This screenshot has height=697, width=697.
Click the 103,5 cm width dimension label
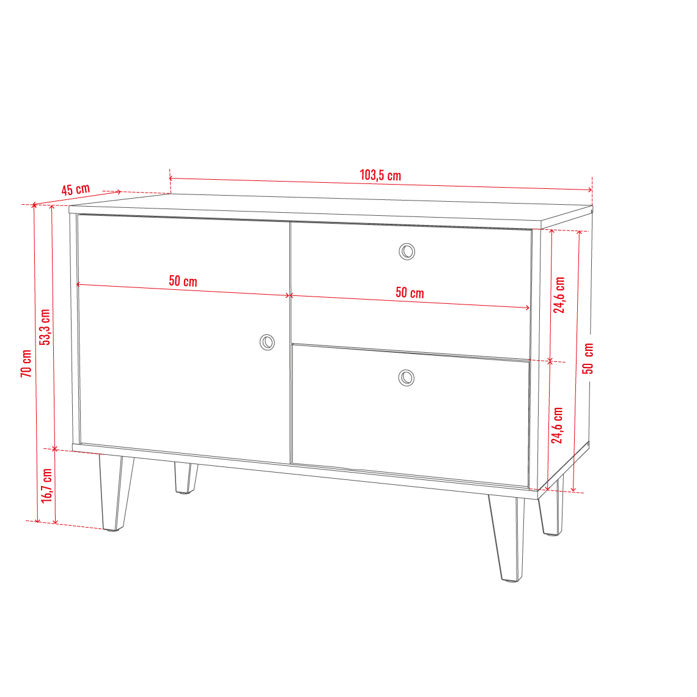click(380, 175)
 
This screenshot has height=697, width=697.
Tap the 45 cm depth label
click(76, 190)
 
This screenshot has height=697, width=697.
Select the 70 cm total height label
click(26, 364)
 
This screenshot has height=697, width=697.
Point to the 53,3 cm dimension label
click(45, 327)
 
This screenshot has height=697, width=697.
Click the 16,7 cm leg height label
click(46, 485)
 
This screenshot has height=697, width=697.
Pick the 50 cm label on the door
click(183, 281)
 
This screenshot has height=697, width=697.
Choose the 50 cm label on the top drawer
click(410, 292)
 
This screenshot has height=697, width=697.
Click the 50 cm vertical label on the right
click(588, 358)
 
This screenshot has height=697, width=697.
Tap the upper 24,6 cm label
click(559, 295)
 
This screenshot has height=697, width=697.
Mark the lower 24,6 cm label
click(558, 426)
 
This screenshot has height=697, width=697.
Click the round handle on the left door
click(267, 342)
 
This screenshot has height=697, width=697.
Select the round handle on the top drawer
click(407, 252)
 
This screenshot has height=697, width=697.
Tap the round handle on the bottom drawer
click(407, 378)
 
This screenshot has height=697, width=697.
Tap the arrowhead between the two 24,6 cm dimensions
click(550, 361)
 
